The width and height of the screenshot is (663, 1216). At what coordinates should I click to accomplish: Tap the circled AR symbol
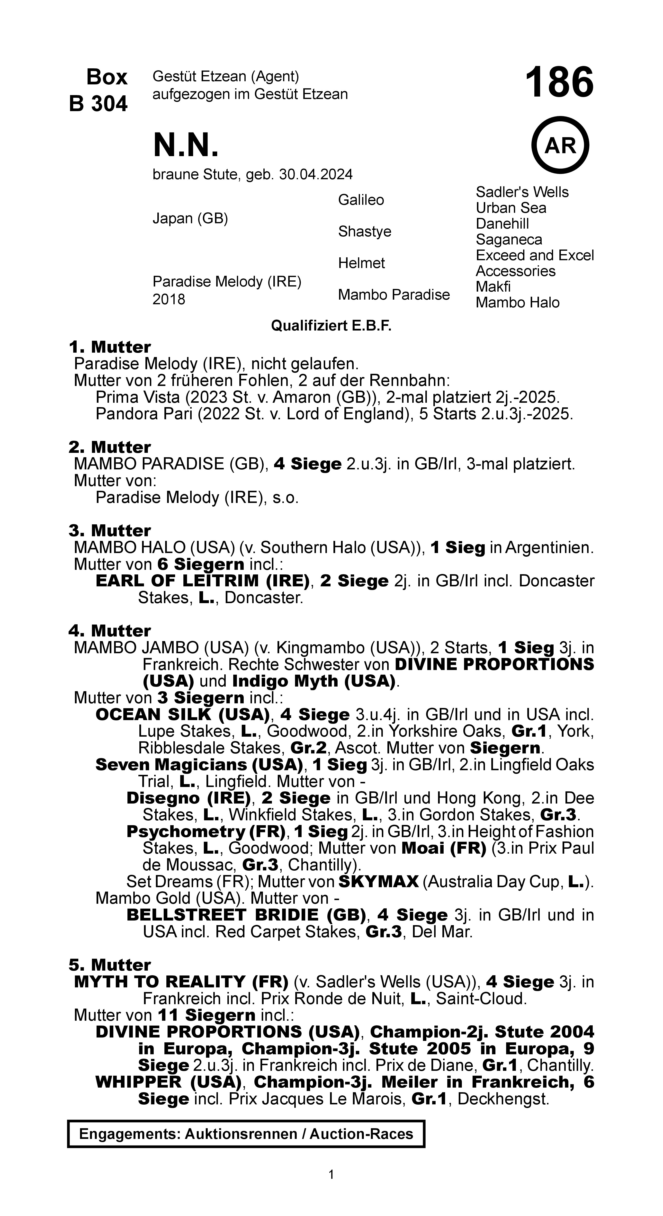(560, 145)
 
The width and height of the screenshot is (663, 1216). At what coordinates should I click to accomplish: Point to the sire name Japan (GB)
(190, 219)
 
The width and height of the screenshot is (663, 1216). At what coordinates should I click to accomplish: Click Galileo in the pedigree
(361, 200)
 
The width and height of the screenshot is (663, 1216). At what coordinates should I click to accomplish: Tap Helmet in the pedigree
(361, 263)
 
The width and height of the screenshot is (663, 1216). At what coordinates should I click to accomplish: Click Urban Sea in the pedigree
(511, 208)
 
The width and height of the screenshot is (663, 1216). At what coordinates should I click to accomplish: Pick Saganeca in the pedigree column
(509, 240)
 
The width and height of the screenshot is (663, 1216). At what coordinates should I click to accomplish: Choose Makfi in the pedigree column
(493, 287)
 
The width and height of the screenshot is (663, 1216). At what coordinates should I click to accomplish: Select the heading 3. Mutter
(109, 531)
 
